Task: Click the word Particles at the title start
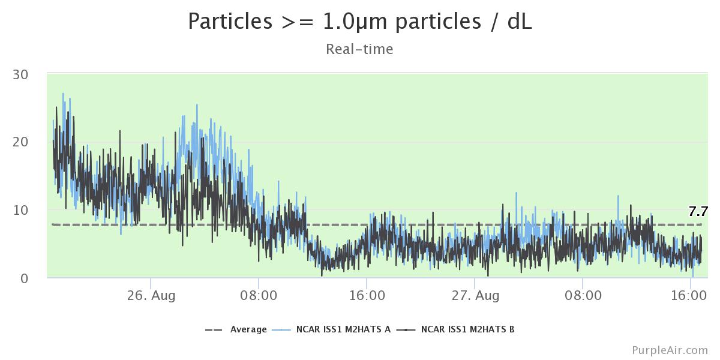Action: (229, 22)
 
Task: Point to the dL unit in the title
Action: (518, 22)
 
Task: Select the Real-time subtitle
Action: (359, 49)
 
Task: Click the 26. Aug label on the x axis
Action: (151, 296)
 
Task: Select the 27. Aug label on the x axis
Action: (475, 296)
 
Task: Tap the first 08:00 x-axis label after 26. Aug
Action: (259, 296)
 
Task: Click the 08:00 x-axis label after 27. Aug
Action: (583, 296)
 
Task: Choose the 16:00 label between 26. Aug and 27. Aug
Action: (367, 296)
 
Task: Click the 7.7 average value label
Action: (698, 211)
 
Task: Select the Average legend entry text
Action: (248, 329)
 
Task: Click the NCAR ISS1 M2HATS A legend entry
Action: (343, 329)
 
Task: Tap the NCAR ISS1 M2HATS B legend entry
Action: (467, 329)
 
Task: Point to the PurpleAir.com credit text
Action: (670, 350)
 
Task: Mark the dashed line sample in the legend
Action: (214, 329)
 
